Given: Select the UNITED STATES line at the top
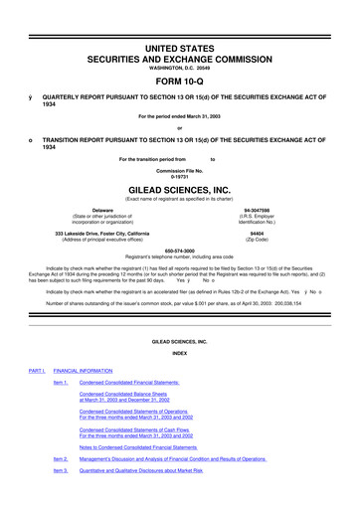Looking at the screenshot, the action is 179,21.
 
